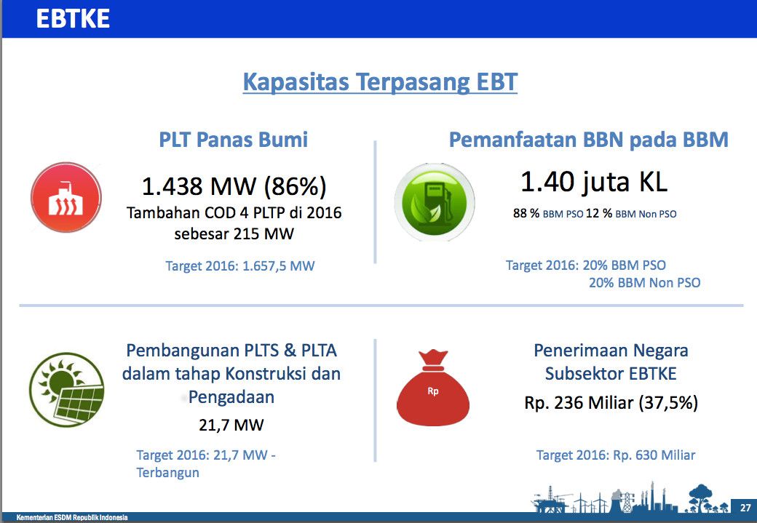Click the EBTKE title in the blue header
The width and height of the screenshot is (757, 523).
click(73, 19)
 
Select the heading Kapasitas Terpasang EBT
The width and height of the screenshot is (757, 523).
click(380, 81)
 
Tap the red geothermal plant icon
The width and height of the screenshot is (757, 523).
click(66, 197)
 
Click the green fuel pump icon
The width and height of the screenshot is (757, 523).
click(434, 201)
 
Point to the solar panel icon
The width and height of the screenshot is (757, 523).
click(67, 390)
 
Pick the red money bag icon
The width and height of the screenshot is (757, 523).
click(432, 388)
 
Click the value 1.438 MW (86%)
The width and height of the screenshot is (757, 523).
click(234, 186)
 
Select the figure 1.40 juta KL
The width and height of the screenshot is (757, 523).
click(594, 181)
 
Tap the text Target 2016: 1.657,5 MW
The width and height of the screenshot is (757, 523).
click(240, 266)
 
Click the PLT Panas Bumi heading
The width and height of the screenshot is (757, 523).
click(234, 140)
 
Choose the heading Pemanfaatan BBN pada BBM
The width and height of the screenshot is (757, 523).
click(589, 140)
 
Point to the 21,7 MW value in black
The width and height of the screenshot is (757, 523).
click(231, 425)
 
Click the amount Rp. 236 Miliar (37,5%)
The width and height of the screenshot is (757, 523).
click(611, 402)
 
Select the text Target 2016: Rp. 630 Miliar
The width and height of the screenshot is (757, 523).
click(616, 455)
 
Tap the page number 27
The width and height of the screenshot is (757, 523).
click(745, 508)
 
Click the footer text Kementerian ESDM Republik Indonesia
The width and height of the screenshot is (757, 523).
click(72, 517)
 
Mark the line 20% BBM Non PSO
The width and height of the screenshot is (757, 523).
click(644, 282)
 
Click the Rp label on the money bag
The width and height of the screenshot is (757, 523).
click(433, 391)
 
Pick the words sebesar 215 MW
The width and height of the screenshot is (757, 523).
click(234, 234)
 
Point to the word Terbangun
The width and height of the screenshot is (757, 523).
click(167, 472)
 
